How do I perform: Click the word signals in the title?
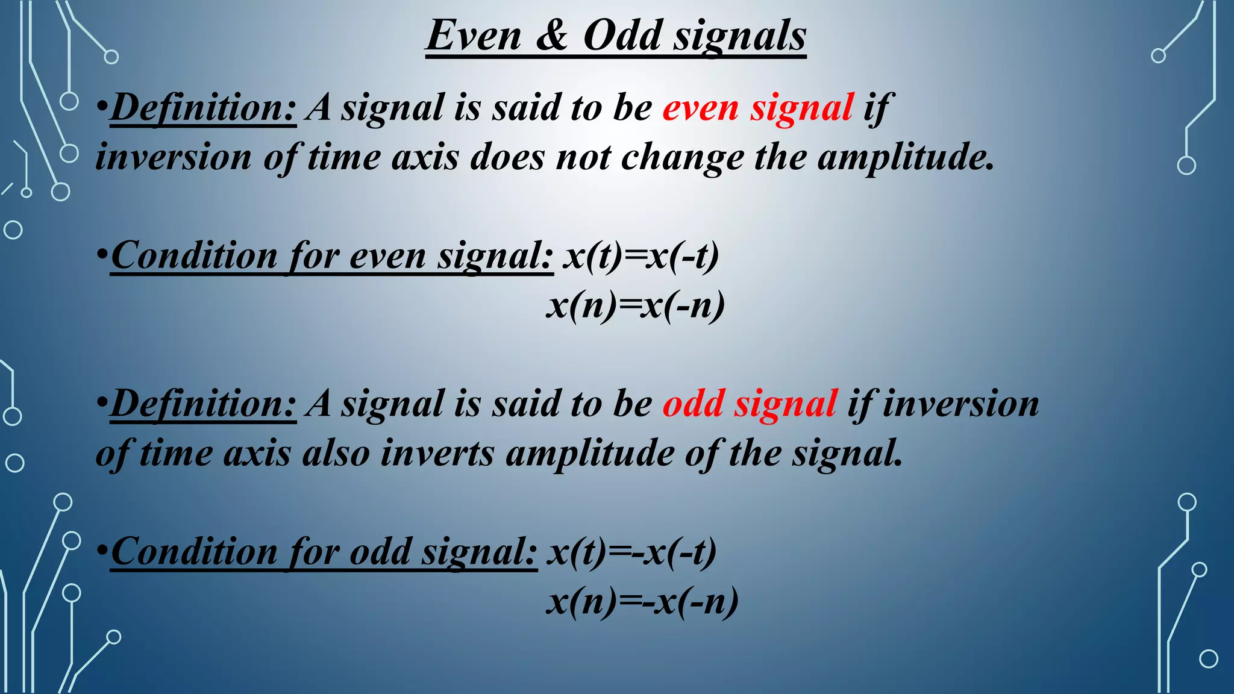tap(740, 36)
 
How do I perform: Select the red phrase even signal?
tap(758, 108)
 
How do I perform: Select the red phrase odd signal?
tap(750, 404)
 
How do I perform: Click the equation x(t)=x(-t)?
tap(641, 256)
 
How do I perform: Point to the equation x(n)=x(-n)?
tap(635, 306)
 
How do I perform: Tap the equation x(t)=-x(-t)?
tap(631, 552)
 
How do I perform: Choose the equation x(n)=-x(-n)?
tap(642, 602)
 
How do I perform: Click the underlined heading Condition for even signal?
tap(331, 256)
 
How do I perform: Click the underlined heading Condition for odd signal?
tap(324, 552)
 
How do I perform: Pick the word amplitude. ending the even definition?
tap(905, 158)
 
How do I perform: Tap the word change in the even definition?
tap(682, 158)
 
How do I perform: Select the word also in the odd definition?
tap(336, 454)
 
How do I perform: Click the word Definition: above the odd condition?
tap(203, 404)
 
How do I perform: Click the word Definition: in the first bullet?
tap(203, 108)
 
